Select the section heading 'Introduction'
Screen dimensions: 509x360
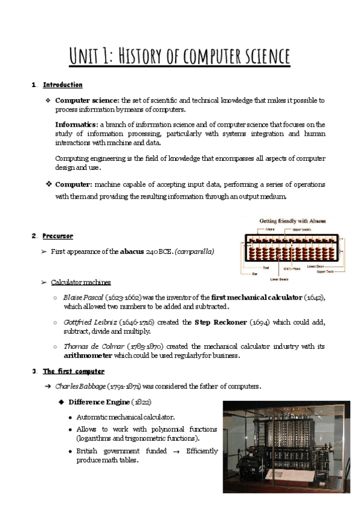62,85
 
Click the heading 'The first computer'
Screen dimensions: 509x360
73,372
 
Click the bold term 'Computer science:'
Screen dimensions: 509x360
88,100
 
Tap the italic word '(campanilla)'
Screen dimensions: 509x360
194,251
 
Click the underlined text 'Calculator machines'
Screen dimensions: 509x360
80,282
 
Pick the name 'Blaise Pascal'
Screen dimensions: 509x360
83,298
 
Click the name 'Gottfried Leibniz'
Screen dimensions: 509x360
91,322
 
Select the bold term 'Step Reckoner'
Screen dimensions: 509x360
221,322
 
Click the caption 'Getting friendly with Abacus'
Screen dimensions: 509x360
293,221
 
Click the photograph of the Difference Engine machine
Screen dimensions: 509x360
286,447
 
